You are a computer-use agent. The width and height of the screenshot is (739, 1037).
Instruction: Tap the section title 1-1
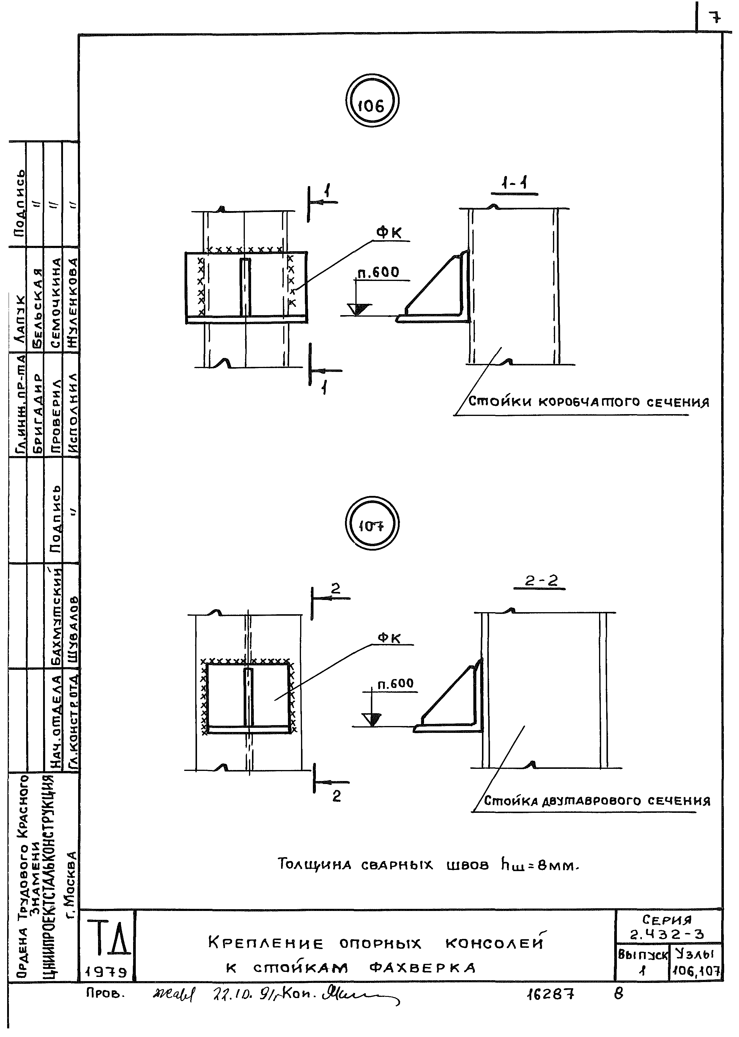coord(514,184)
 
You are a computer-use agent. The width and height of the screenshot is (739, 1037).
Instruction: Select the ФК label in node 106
coord(389,233)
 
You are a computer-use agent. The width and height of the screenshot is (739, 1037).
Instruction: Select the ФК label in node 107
coord(389,638)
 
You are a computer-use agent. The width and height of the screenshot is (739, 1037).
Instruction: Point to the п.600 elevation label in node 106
coord(378,273)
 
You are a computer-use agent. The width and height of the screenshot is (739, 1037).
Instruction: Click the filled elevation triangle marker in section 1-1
coord(359,309)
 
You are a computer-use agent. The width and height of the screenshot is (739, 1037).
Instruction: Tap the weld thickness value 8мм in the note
coord(556,865)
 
